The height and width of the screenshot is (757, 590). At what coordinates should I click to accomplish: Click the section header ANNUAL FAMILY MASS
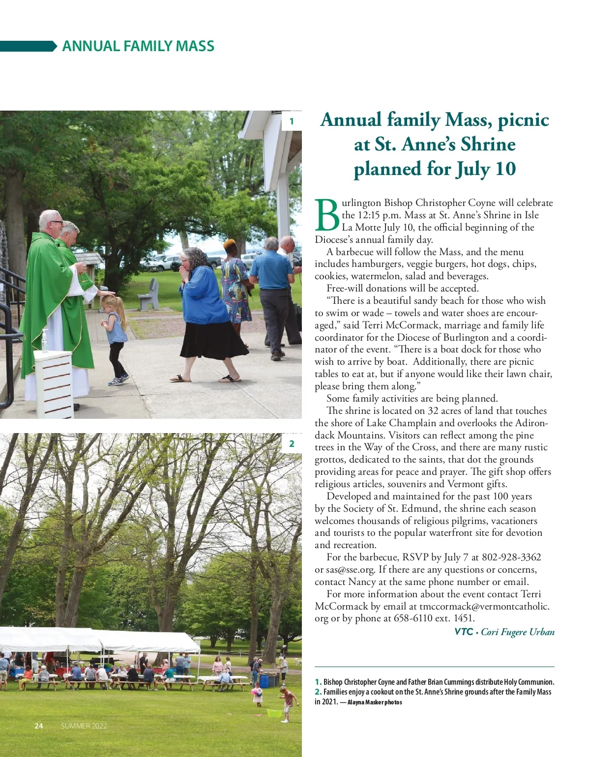[138, 46]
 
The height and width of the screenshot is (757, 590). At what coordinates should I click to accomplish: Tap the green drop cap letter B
[327, 215]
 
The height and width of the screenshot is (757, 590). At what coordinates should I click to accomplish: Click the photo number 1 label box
[292, 121]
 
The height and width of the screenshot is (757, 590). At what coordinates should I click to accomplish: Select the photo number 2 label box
[292, 443]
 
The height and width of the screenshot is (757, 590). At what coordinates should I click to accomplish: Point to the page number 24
[39, 726]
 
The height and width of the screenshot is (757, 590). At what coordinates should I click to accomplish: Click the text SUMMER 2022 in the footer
[84, 726]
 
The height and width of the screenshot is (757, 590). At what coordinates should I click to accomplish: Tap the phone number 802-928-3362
[511, 557]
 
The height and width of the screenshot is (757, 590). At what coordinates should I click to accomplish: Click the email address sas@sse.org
[344, 570]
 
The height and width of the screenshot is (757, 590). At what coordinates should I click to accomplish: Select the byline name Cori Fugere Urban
[517, 632]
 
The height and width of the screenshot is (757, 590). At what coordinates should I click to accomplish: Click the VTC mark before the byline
[464, 632]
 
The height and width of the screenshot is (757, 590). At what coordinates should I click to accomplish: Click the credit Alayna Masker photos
[375, 702]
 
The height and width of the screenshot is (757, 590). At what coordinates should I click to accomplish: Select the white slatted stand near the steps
[54, 383]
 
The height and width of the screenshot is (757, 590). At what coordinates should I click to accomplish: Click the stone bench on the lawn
[148, 295]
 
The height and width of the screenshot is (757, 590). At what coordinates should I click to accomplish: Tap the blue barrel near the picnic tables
[264, 681]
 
